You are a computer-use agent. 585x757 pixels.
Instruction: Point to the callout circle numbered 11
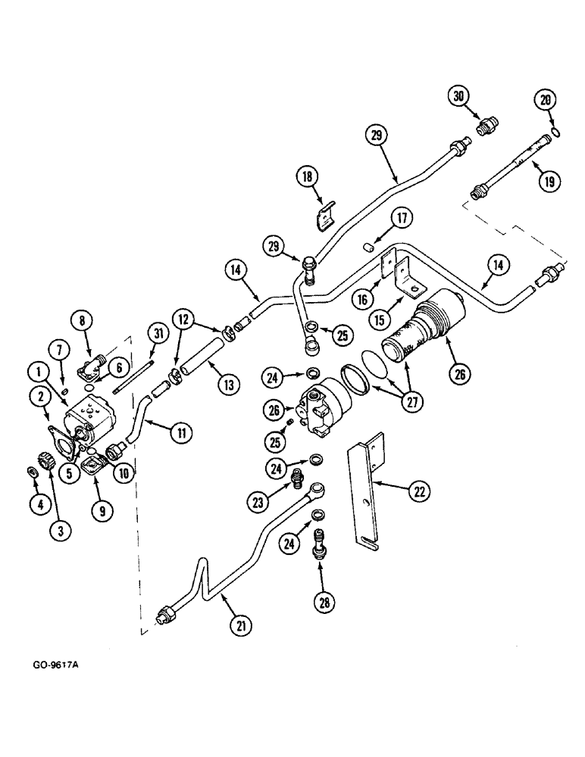[x=183, y=433]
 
